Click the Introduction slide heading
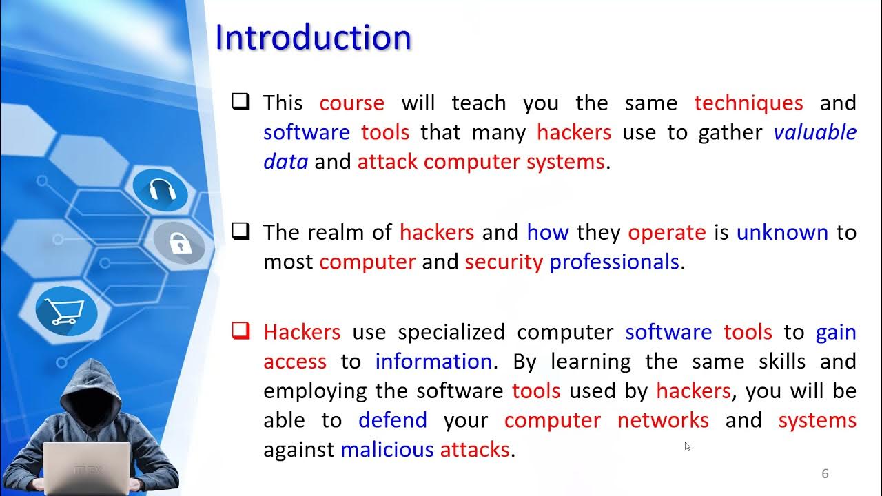(314, 37)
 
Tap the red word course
(351, 103)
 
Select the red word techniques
(748, 103)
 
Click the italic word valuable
(814, 132)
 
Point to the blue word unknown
(781, 232)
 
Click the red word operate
(666, 232)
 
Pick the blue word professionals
(614, 262)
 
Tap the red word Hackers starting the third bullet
(302, 332)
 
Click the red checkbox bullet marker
(240, 331)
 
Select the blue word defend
(392, 420)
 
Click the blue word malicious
(387, 450)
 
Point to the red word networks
(662, 420)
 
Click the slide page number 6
(825, 474)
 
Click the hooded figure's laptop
(87, 468)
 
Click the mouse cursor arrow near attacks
(687, 446)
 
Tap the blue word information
(433, 362)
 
